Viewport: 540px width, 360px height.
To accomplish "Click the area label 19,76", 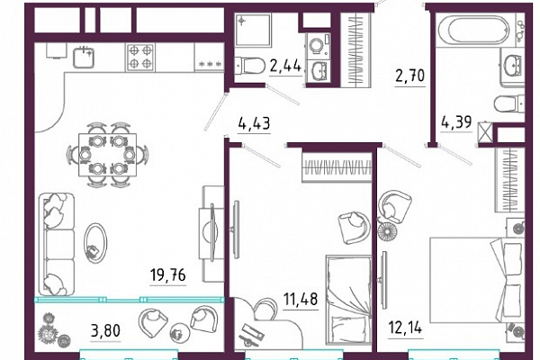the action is (168, 275).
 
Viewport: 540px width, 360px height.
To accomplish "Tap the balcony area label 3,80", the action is (105, 330).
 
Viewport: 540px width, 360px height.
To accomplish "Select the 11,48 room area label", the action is (301, 299).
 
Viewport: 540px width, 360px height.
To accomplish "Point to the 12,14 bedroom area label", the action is (405, 328).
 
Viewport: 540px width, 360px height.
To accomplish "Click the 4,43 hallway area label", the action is (254, 122).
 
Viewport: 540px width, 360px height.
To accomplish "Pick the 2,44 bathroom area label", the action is (285, 66).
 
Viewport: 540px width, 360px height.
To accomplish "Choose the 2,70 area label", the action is (409, 76).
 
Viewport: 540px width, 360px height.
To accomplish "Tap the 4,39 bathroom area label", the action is (456, 121).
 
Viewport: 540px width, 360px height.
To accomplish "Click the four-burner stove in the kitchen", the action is (140, 58).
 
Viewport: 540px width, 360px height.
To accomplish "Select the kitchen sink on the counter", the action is (84, 57).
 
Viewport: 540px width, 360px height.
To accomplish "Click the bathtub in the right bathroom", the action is (479, 30).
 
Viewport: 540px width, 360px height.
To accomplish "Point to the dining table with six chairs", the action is (107, 155).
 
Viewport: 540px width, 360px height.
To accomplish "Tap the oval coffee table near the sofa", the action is (95, 243).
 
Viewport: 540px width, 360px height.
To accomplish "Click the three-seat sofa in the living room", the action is (57, 244).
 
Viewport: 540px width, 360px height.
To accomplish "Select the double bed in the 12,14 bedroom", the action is (477, 280).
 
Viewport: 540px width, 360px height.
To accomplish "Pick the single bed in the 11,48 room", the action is (348, 300).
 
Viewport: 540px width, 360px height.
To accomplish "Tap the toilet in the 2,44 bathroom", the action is (250, 66).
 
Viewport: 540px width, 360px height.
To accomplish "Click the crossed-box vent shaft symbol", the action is (485, 132).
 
